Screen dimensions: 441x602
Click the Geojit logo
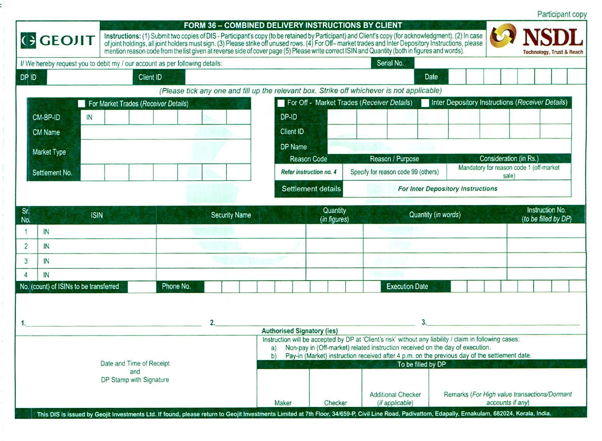coord(58,40)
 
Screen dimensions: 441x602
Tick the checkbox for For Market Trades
coord(81,103)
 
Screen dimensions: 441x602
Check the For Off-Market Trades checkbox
coord(281,103)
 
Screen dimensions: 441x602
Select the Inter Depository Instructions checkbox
coord(425,103)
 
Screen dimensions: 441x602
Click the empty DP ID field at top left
coord(90,77)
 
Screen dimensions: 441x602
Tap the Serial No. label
coord(390,63)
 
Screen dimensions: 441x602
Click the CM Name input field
coord(165,132)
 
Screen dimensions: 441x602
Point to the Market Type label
coord(49,152)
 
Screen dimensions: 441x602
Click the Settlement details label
coord(311,189)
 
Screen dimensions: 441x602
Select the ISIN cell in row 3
coord(97,261)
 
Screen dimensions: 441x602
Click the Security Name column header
coord(231,215)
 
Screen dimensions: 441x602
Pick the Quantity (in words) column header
coord(434,215)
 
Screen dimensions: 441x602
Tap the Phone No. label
coord(176,286)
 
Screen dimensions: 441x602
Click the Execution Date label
coord(407,286)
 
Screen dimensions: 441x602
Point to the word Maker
coord(283,403)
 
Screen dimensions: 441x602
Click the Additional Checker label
coord(395,395)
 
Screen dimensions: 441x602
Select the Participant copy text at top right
coord(562,14)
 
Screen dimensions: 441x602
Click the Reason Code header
coord(308,159)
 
